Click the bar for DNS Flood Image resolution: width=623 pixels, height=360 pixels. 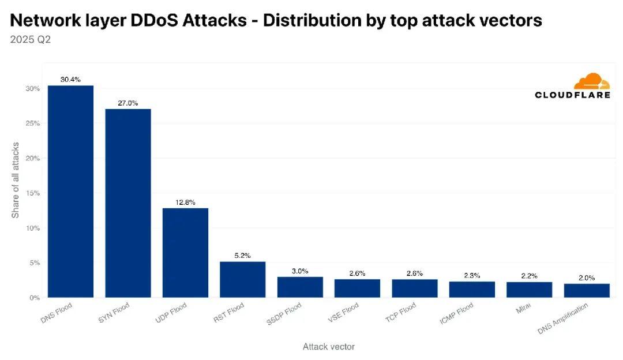70,192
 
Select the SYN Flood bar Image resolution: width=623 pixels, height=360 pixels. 127,203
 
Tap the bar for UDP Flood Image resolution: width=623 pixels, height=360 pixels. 185,253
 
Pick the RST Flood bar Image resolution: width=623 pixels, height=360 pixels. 242,279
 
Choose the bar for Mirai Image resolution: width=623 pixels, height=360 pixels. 529,290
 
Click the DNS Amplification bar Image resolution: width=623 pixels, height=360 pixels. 587,290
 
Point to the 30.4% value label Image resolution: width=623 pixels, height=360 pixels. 70,80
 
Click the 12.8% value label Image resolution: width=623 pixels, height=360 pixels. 185,202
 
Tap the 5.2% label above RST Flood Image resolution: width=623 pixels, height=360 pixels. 242,256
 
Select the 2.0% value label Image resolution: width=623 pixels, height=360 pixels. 587,277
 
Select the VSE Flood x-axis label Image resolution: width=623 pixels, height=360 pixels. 343,313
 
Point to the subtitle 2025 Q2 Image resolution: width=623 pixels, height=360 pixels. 30,40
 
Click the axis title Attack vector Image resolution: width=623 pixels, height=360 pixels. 328,347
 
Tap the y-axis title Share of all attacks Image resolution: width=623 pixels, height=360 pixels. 16,179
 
